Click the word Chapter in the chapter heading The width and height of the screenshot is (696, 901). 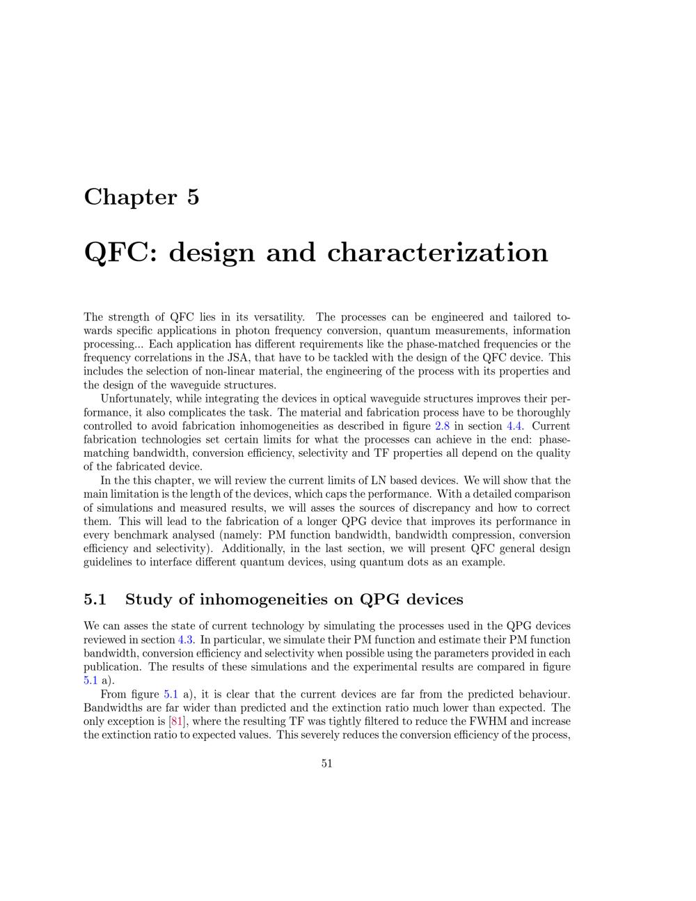tap(130, 197)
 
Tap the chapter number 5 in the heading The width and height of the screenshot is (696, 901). tap(193, 197)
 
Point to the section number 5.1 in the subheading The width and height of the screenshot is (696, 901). tap(95, 600)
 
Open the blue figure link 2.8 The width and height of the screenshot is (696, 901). tap(442, 426)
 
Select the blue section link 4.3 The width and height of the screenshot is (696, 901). tap(187, 640)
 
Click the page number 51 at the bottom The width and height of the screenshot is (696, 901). tap(327, 763)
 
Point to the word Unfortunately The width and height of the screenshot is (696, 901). tap(134, 399)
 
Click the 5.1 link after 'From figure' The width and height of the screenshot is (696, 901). tap(171, 694)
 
